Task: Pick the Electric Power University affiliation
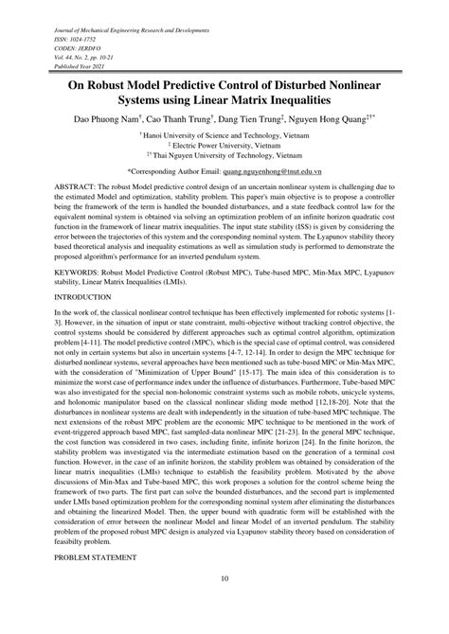[x=224, y=148]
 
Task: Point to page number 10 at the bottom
[x=224, y=606]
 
